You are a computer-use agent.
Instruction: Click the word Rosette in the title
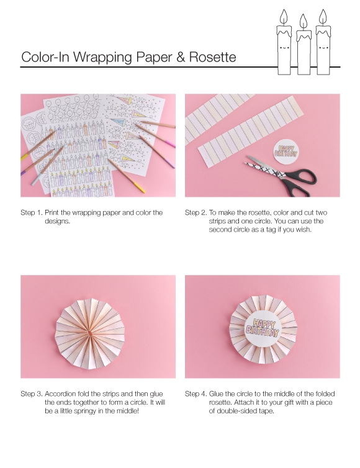tap(211, 58)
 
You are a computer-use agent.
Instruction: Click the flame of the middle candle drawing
tap(303, 20)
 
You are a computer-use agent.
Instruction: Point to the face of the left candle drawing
tap(284, 47)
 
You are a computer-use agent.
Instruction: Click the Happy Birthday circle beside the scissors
tap(286, 151)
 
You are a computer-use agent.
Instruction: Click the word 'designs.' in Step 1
tap(58, 221)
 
